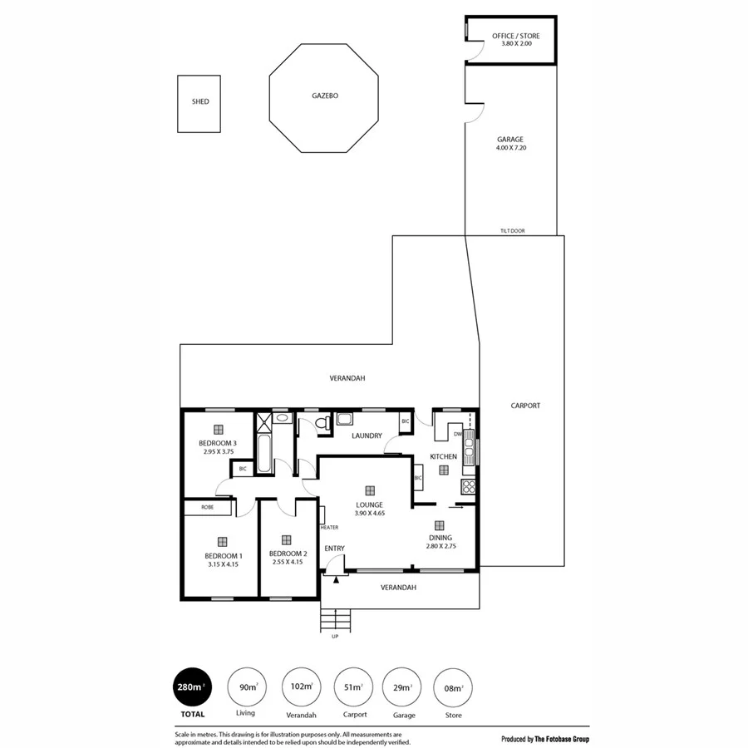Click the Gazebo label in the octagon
tap(325, 96)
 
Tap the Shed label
tap(200, 101)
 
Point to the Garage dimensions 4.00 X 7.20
tap(510, 148)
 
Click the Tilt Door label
tap(512, 231)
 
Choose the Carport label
tap(525, 406)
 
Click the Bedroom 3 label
tap(218, 443)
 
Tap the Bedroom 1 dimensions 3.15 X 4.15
tap(223, 564)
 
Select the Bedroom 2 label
tap(288, 554)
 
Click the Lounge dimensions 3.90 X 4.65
tap(369, 514)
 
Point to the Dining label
tap(440, 538)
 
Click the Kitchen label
tap(443, 456)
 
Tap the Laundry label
tap(367, 436)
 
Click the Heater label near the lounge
tap(329, 527)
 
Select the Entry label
tap(334, 548)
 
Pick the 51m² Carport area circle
tap(352, 686)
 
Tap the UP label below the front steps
tap(335, 637)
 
